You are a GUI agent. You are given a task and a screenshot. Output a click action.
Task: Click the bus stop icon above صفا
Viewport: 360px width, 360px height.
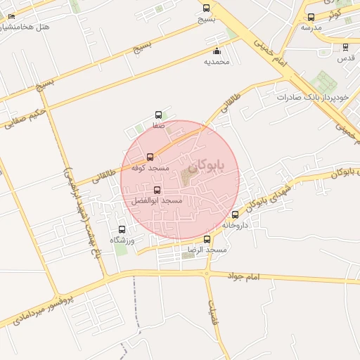pyautogui.click(x=157, y=114)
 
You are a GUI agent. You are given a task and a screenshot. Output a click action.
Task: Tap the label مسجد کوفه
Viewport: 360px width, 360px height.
pyautogui.click(x=150, y=168)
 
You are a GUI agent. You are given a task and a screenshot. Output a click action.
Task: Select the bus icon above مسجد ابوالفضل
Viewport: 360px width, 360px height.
pyautogui.click(x=156, y=190)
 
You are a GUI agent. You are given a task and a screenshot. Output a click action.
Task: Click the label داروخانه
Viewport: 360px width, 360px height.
pyautogui.click(x=236, y=225)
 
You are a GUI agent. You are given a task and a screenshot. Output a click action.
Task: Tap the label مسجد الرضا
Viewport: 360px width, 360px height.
pyautogui.click(x=207, y=250)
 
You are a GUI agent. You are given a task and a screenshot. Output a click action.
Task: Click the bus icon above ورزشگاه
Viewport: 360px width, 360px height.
pyautogui.click(x=122, y=229)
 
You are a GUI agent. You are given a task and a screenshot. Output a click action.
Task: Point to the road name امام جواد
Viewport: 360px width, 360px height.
pyautogui.click(x=243, y=279)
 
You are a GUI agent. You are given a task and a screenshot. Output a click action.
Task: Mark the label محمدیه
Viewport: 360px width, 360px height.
pyautogui.click(x=217, y=61)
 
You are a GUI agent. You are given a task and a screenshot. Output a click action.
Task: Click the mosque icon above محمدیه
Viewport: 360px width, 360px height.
pyautogui.click(x=217, y=51)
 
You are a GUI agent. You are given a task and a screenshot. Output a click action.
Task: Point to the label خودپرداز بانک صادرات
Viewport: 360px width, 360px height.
pyautogui.click(x=304, y=96)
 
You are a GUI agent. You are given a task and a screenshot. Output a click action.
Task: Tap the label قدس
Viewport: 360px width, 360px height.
pyautogui.click(x=345, y=58)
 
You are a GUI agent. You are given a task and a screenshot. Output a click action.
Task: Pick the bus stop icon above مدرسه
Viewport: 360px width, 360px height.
pyautogui.click(x=311, y=17)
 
